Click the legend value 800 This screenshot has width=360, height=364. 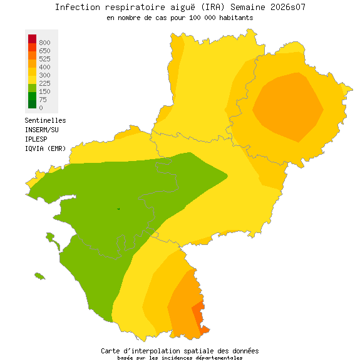coord(44,43)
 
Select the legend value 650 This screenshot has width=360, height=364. coord(44,51)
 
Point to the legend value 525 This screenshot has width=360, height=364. coord(44,59)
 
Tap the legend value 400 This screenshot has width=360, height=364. coord(44,67)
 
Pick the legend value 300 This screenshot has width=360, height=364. coord(44,75)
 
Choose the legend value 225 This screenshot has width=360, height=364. coord(44,83)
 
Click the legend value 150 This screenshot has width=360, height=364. coord(44,91)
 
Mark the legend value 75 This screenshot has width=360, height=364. coord(43,100)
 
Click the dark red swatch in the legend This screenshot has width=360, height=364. coord(33,39)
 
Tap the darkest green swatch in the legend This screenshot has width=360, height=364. coord(33,104)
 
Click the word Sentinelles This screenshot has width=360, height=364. coord(45,120)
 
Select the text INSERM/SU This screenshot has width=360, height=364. coord(41,130)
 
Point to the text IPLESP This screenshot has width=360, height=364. coord(36,139)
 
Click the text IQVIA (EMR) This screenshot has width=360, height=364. coord(45,148)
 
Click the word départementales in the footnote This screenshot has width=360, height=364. coord(212,358)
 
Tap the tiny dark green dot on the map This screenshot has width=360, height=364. coord(118,209)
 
